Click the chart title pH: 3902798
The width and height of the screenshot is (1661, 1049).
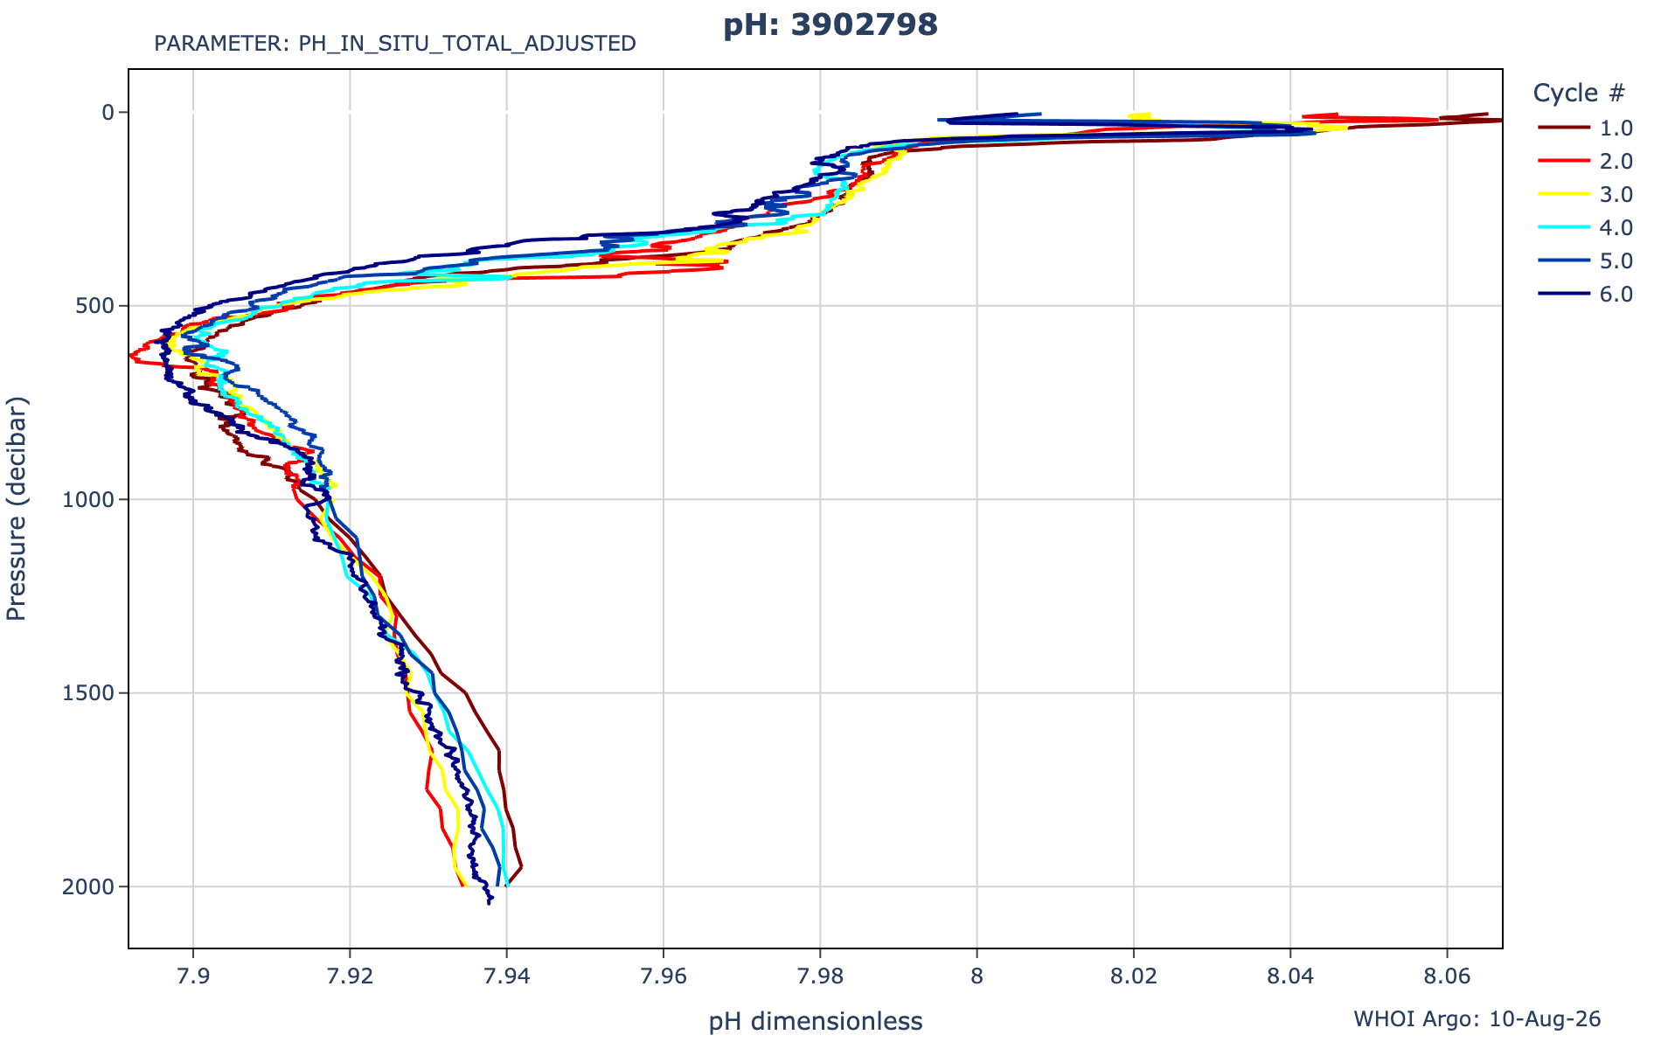(830, 25)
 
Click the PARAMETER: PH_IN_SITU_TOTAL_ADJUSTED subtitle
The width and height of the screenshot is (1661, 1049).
(395, 44)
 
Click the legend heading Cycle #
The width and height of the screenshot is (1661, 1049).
(1579, 93)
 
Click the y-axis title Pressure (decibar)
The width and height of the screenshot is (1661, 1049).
(17, 509)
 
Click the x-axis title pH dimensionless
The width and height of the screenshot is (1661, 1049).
(816, 1021)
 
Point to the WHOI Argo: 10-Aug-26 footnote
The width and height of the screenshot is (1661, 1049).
(1477, 1019)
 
